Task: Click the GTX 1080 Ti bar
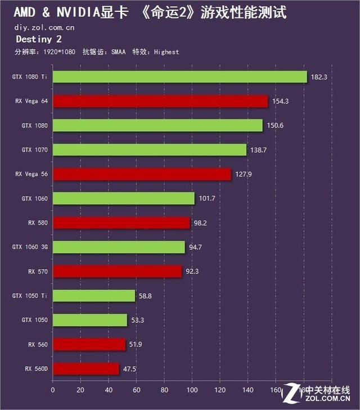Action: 180,77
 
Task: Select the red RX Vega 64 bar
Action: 160,101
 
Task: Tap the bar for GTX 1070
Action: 150,150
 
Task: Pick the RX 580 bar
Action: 121,222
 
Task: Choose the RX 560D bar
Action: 86,369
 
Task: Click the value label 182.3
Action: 319,77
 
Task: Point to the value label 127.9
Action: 243,174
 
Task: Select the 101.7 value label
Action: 206,198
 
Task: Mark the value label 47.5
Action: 130,369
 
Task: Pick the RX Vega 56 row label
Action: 31,174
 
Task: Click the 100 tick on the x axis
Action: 192,389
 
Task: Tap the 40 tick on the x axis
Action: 109,389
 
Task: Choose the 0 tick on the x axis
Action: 53,389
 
